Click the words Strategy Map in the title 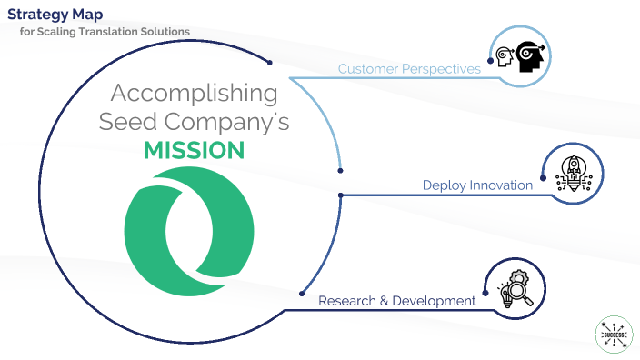54,14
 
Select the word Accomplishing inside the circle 194,93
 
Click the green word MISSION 195,150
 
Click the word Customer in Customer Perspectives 369,68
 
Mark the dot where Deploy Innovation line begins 340,194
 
